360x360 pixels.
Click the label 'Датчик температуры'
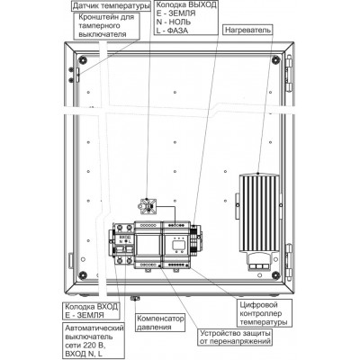pos(112,5)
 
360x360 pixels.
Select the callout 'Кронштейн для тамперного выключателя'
pos(106,26)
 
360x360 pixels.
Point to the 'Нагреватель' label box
pos(248,30)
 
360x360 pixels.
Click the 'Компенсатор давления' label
pos(160,322)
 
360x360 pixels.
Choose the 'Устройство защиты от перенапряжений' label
pos(236,337)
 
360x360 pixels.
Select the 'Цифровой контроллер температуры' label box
pos(264,314)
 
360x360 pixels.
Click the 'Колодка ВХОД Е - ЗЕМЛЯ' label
pos(92,311)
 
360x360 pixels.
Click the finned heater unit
pos(259,213)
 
